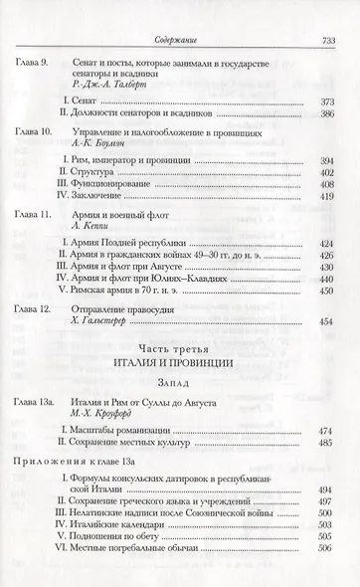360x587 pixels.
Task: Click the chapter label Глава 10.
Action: [x=37, y=131]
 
